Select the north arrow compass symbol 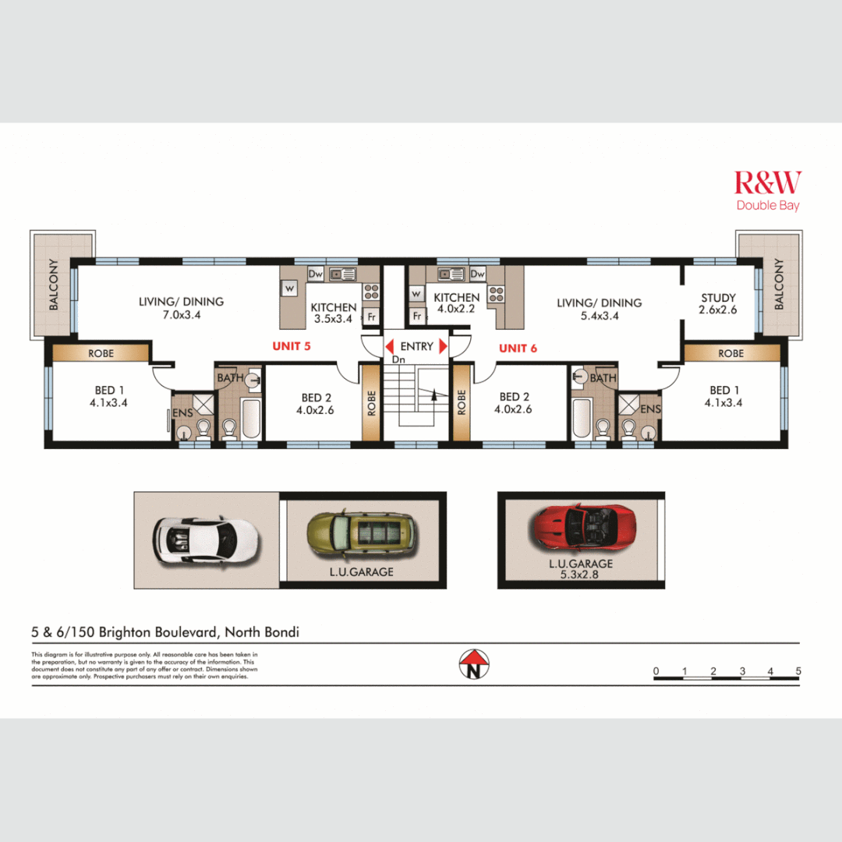click(472, 664)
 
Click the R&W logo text click(767, 183)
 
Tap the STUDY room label click(718, 298)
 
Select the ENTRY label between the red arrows click(416, 346)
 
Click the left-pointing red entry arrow click(388, 345)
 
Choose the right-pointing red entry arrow click(444, 345)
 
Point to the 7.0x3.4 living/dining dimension click(181, 314)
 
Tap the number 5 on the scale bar click(798, 671)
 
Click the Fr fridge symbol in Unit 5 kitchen click(372, 318)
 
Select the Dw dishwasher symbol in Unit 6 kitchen click(477, 274)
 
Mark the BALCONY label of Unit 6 click(778, 285)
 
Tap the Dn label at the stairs click(398, 360)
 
